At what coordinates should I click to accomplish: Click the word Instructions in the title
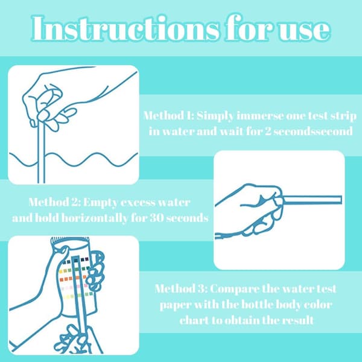(x=125, y=28)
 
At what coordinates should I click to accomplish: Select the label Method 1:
(x=169, y=115)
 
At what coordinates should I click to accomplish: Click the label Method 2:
(x=54, y=202)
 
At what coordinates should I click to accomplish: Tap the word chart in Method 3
(x=194, y=320)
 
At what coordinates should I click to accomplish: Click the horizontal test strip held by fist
(x=311, y=200)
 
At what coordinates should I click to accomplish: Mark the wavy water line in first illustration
(x=74, y=159)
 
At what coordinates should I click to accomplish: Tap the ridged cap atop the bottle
(x=70, y=240)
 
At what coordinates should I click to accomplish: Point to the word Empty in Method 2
(x=100, y=203)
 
